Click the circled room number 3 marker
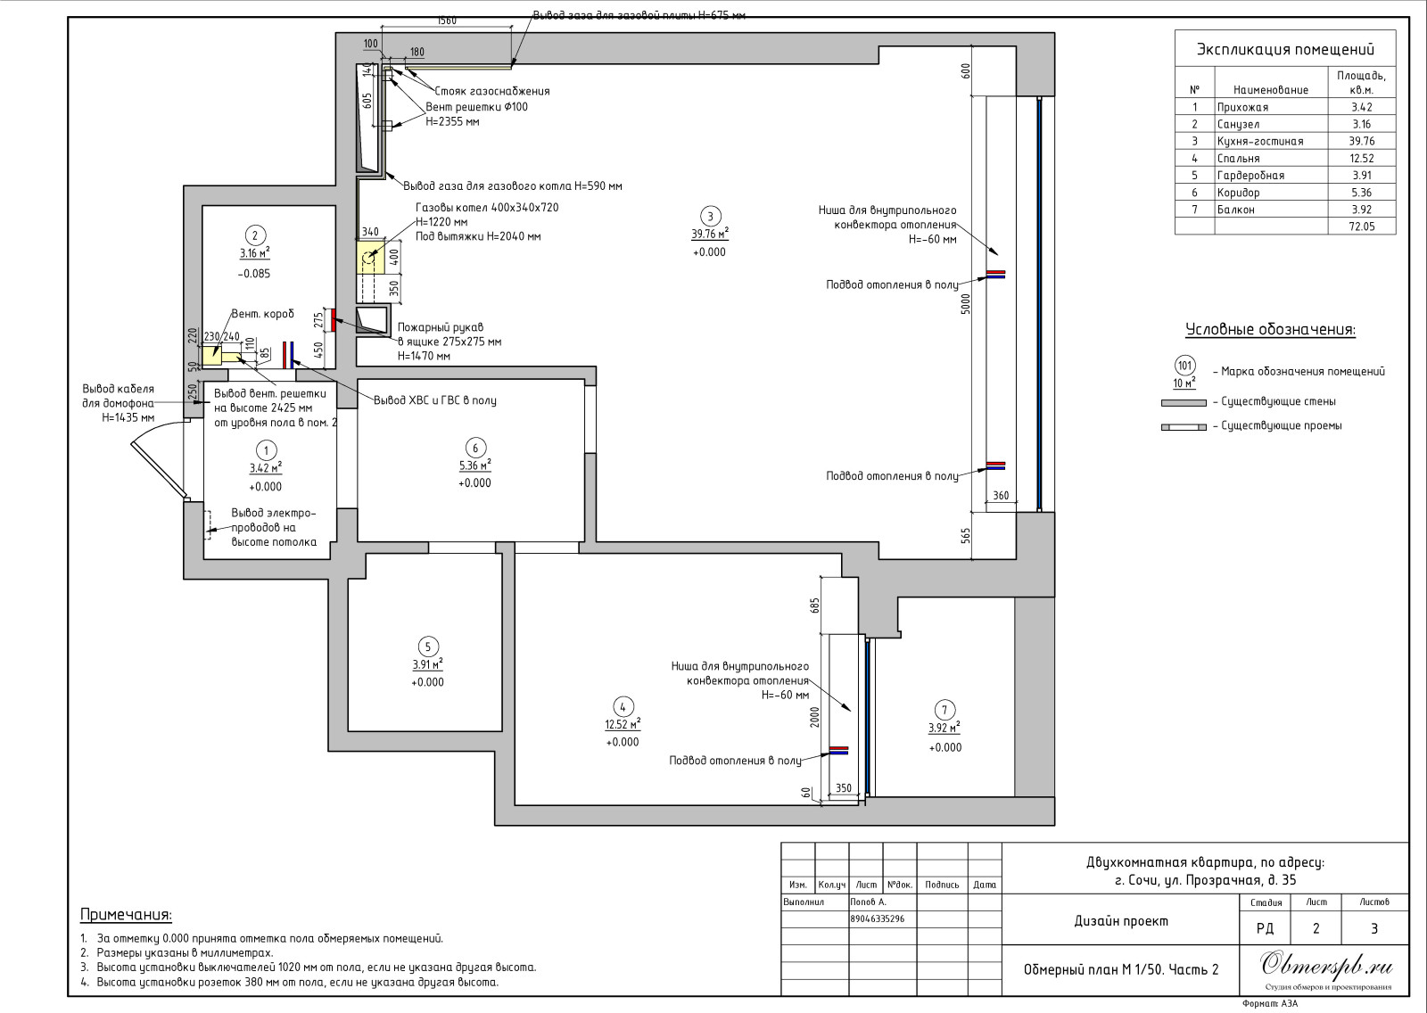710,216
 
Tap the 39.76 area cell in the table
1361,141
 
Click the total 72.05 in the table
1361,226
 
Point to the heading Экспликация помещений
1285,49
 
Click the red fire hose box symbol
333,319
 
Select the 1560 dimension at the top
447,21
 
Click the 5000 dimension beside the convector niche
967,304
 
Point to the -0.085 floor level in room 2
254,274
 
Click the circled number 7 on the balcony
944,710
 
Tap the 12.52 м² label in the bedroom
623,724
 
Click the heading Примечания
126,915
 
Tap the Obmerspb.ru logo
1326,965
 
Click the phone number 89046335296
878,918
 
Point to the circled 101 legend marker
1184,366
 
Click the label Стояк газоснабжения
491,91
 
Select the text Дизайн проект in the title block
1121,920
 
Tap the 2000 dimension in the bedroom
815,717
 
